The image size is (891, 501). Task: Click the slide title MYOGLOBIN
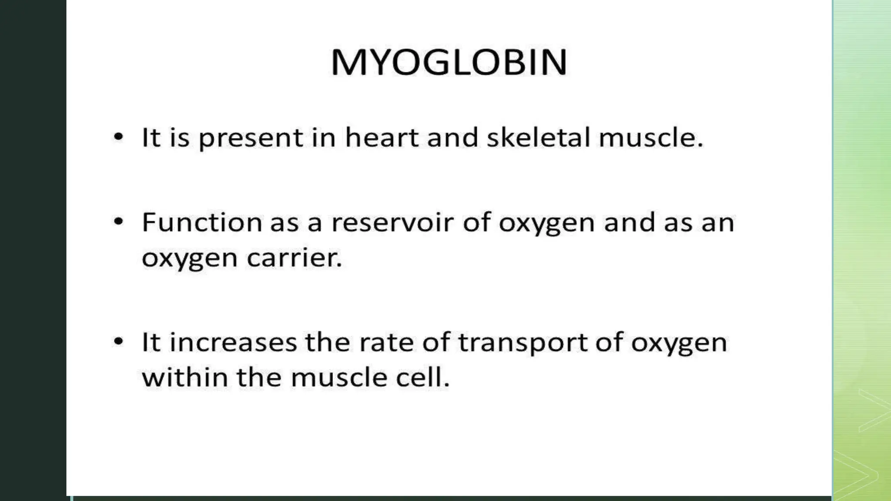(449, 62)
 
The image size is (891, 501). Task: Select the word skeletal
(538, 138)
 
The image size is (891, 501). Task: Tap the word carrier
(294, 258)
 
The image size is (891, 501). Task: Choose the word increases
(233, 342)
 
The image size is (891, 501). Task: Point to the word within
(185, 377)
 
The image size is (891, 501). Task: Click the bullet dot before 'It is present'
(118, 137)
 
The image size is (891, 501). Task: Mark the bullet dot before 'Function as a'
(118, 222)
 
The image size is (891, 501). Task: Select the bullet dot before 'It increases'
(118, 341)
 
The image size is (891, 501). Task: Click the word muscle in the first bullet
(650, 138)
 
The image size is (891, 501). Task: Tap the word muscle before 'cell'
(339, 377)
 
